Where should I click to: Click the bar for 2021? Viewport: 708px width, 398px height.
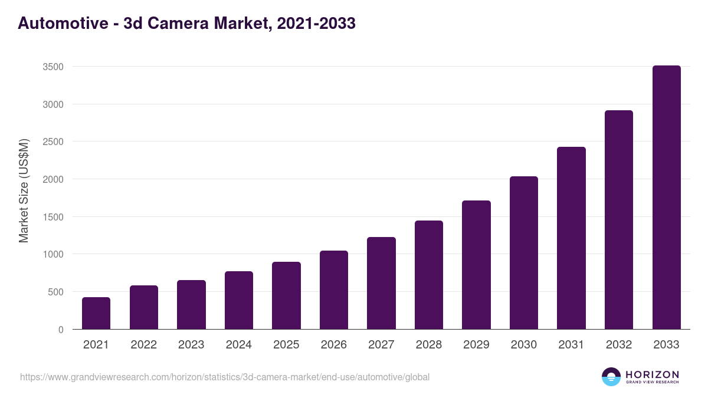click(x=96, y=313)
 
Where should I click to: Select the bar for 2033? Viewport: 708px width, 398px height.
click(x=667, y=198)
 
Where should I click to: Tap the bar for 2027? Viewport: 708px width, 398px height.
click(x=381, y=283)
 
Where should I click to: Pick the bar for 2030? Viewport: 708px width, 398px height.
click(x=524, y=253)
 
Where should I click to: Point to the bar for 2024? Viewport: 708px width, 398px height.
click(x=239, y=300)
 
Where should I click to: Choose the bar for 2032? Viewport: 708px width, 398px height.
click(x=619, y=220)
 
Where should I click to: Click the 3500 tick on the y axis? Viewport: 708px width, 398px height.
click(x=53, y=67)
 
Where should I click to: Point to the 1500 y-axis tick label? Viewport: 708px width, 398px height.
click(x=53, y=217)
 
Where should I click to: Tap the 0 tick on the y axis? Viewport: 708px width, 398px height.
click(x=61, y=330)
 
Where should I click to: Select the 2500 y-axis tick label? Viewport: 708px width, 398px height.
click(x=53, y=142)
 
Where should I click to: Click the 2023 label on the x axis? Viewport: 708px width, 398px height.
click(x=191, y=345)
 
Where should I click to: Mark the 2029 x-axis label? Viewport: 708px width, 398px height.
click(x=476, y=345)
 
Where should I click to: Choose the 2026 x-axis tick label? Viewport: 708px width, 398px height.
click(x=334, y=345)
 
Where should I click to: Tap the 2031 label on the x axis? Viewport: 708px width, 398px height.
click(x=571, y=345)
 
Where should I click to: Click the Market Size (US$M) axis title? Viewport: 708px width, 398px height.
click(x=24, y=190)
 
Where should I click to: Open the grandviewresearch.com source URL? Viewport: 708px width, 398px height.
click(x=225, y=377)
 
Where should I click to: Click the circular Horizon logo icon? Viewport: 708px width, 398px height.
click(x=611, y=377)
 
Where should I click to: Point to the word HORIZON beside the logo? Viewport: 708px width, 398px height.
click(x=652, y=374)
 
